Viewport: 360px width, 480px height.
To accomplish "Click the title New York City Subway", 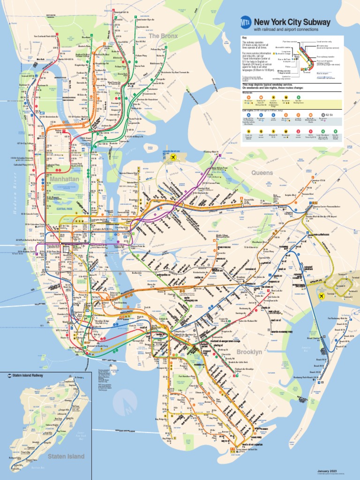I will (292, 22).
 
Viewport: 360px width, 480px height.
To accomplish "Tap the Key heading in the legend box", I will (244, 37).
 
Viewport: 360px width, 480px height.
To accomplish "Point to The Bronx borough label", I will (161, 36).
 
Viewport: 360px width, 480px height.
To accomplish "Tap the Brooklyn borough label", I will (249, 352).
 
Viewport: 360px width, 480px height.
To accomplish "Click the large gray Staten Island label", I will (66, 456).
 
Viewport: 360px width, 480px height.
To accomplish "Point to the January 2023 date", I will (327, 471).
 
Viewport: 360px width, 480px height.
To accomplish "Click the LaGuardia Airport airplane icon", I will (173, 157).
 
